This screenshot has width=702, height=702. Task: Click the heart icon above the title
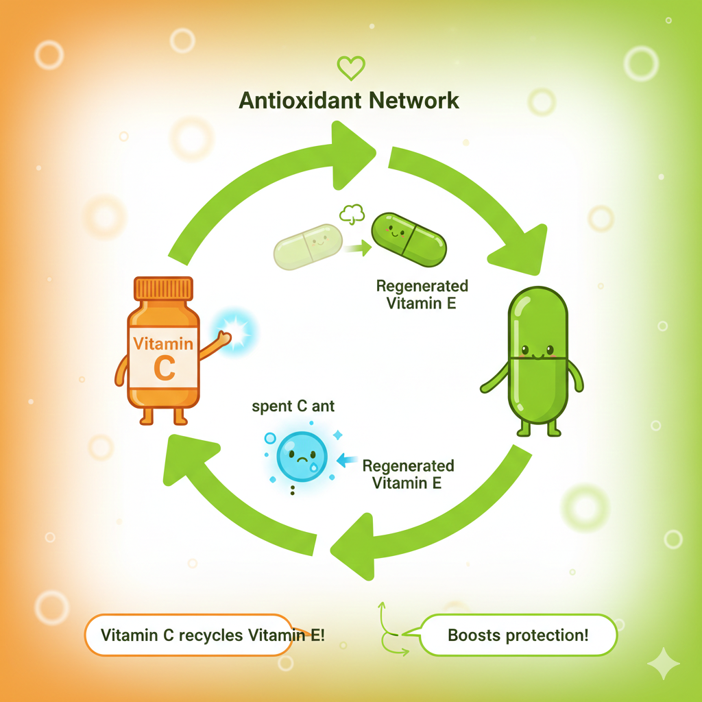point(351,68)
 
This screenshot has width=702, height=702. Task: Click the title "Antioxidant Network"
point(349,101)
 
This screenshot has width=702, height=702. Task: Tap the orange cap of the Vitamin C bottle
point(164,289)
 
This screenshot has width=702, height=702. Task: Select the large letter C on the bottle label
point(165,368)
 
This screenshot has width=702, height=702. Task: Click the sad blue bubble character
point(302,457)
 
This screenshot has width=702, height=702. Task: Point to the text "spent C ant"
point(293,407)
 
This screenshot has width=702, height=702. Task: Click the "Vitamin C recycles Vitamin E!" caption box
point(213,635)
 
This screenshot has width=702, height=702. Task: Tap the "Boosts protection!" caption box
point(518,635)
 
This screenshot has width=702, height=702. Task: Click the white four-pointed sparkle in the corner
point(664,664)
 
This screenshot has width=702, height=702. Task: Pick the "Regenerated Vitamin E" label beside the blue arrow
point(407,474)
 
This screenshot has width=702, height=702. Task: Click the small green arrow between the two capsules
point(356,250)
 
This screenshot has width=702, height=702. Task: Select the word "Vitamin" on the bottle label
point(163,342)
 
